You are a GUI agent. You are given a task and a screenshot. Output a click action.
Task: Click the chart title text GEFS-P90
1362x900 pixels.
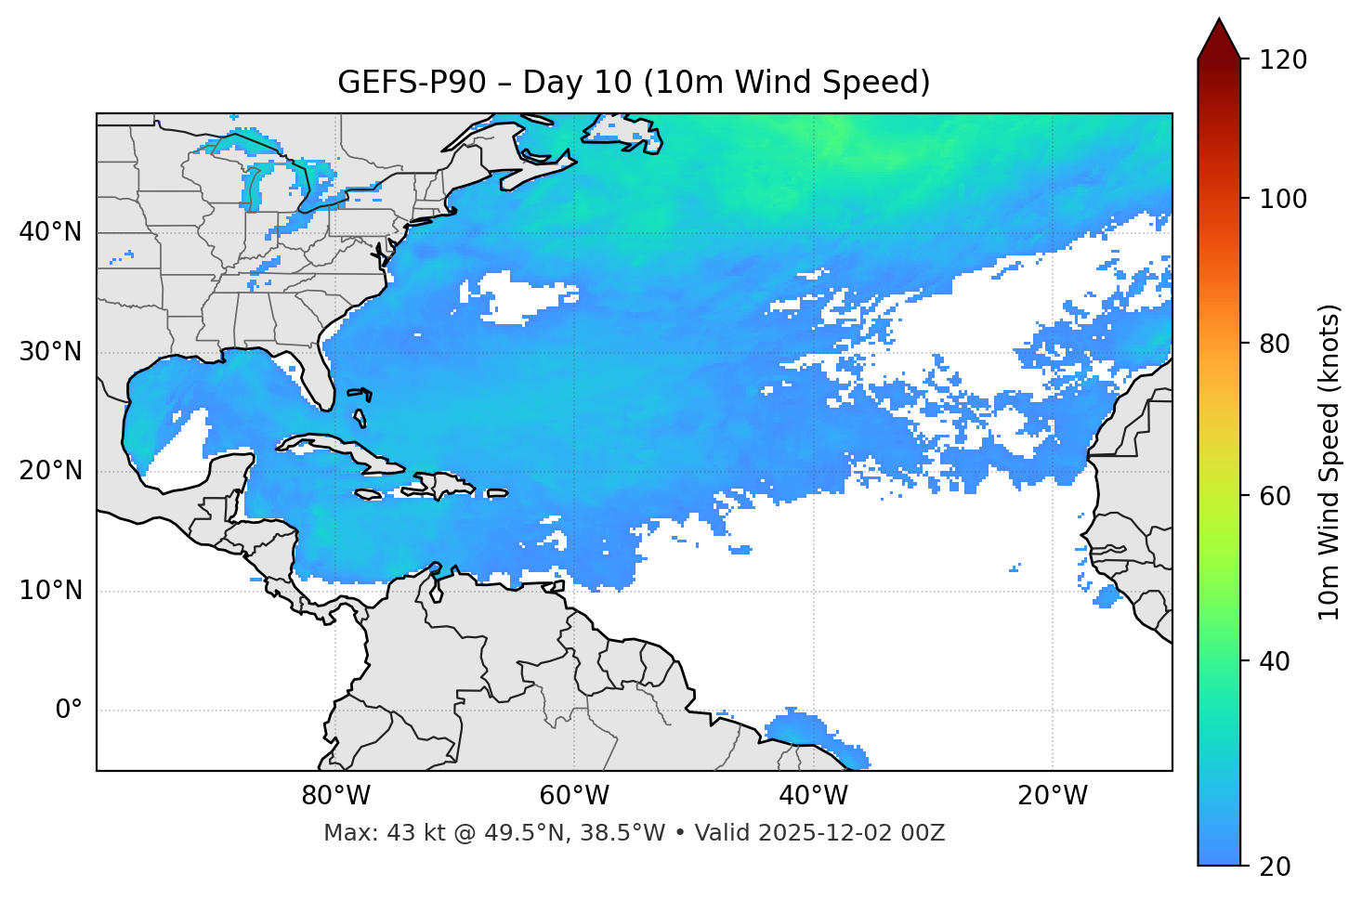click(x=411, y=83)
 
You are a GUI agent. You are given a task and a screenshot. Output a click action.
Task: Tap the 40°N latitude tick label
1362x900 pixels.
click(x=50, y=232)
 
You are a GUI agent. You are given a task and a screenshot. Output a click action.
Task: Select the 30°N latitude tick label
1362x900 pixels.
click(x=50, y=352)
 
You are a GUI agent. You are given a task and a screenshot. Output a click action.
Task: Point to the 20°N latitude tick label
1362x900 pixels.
click(x=50, y=471)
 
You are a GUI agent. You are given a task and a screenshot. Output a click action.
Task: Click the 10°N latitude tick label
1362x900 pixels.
click(x=50, y=591)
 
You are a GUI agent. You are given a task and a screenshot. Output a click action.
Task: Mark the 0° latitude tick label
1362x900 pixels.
click(x=68, y=711)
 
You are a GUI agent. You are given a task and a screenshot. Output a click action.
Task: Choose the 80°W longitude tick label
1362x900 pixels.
click(x=335, y=796)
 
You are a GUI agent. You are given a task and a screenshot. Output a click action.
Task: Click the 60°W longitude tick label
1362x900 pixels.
click(x=574, y=796)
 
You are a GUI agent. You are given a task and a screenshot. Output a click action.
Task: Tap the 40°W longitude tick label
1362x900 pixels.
click(x=813, y=796)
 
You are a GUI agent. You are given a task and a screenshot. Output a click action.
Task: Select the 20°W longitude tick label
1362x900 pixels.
click(x=1052, y=796)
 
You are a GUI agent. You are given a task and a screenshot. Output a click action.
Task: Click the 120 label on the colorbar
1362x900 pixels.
click(x=1282, y=60)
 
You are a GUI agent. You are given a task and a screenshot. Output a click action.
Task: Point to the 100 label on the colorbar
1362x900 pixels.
click(x=1282, y=199)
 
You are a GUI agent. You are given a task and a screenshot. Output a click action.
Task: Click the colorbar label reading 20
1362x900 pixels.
click(x=1275, y=867)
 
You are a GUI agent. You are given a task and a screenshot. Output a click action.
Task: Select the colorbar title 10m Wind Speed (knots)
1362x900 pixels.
click(x=1329, y=462)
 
